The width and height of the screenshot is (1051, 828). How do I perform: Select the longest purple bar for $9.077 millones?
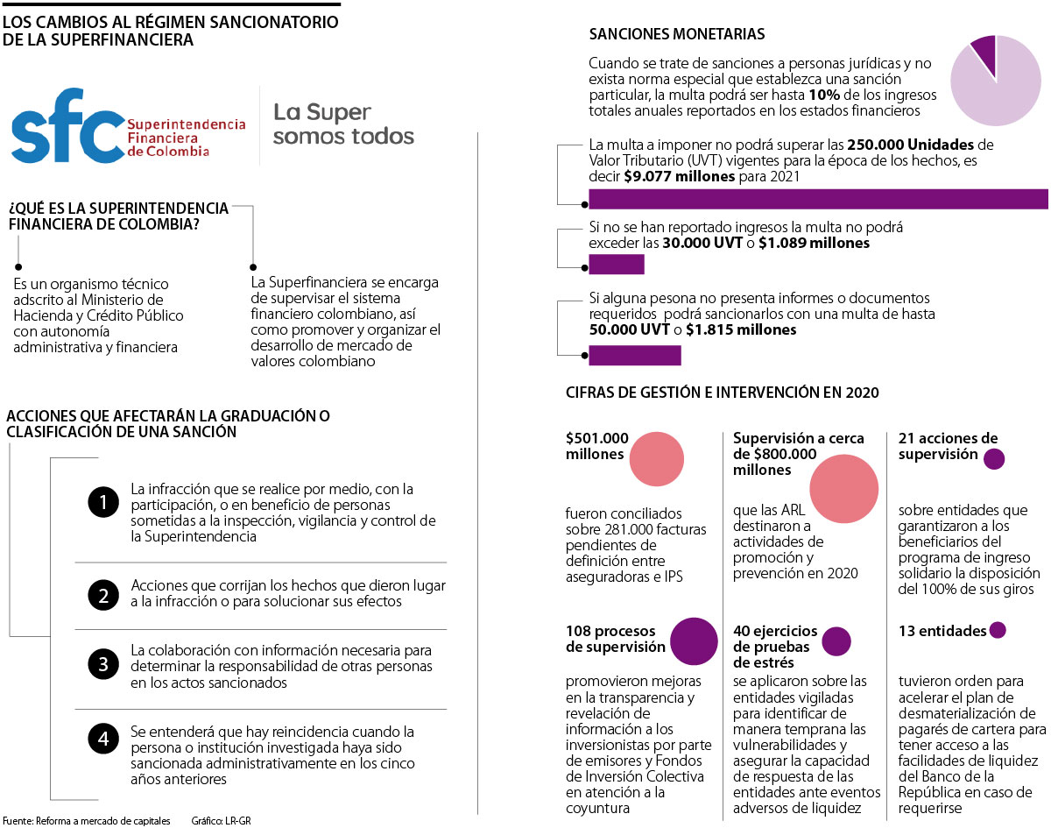(x=818, y=199)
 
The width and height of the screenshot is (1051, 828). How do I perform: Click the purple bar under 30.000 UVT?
(x=616, y=264)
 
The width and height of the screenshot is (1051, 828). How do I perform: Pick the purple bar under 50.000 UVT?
(x=634, y=355)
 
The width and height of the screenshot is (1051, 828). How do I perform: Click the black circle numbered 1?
(x=103, y=503)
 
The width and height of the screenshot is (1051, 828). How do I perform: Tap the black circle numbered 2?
(x=103, y=596)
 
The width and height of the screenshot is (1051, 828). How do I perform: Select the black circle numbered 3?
(x=103, y=664)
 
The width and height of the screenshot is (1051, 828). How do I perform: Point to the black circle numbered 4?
(x=103, y=739)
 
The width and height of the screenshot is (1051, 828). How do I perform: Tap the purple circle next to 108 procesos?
(x=694, y=640)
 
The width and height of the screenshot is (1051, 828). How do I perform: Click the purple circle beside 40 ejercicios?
(x=837, y=640)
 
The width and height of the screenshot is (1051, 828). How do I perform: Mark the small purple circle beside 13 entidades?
(x=997, y=630)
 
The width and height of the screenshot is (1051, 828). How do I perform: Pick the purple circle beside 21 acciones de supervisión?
(x=994, y=458)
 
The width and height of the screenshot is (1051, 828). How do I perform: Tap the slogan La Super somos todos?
(x=343, y=124)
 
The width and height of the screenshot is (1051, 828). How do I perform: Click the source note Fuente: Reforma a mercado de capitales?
(x=90, y=821)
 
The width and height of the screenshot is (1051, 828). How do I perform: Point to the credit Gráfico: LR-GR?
(x=227, y=821)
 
